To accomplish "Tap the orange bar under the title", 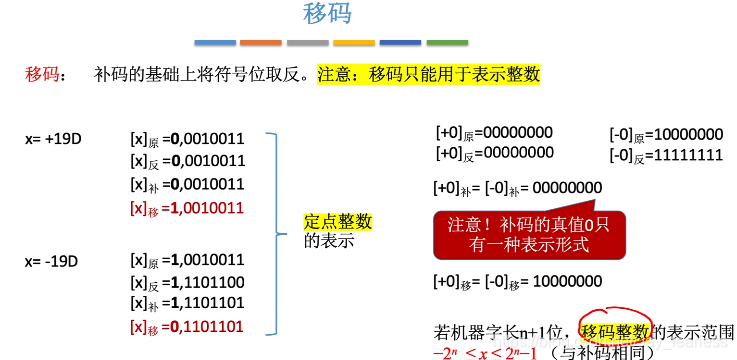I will click(261, 43).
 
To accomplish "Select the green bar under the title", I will click(447, 43).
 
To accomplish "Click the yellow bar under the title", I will click(354, 43).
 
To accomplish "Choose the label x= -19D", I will click(52, 261).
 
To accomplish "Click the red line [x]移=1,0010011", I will click(187, 208).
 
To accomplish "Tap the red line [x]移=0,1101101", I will click(187, 327).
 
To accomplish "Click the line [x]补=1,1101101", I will click(187, 304).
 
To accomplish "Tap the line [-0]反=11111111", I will click(666, 156).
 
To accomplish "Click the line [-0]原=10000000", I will click(666, 134).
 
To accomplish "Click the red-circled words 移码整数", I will click(616, 330).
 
